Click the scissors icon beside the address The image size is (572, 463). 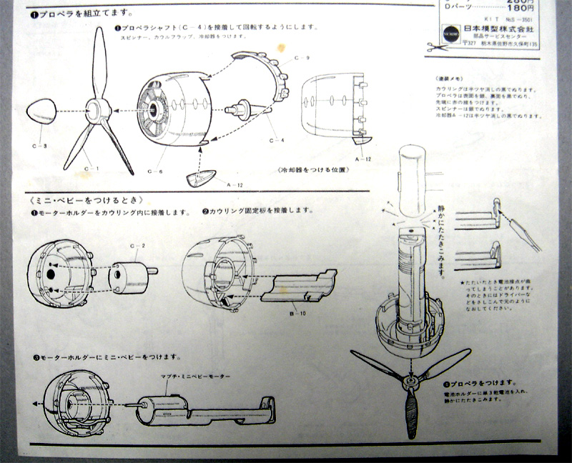pyautogui.click(x=435, y=47)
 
